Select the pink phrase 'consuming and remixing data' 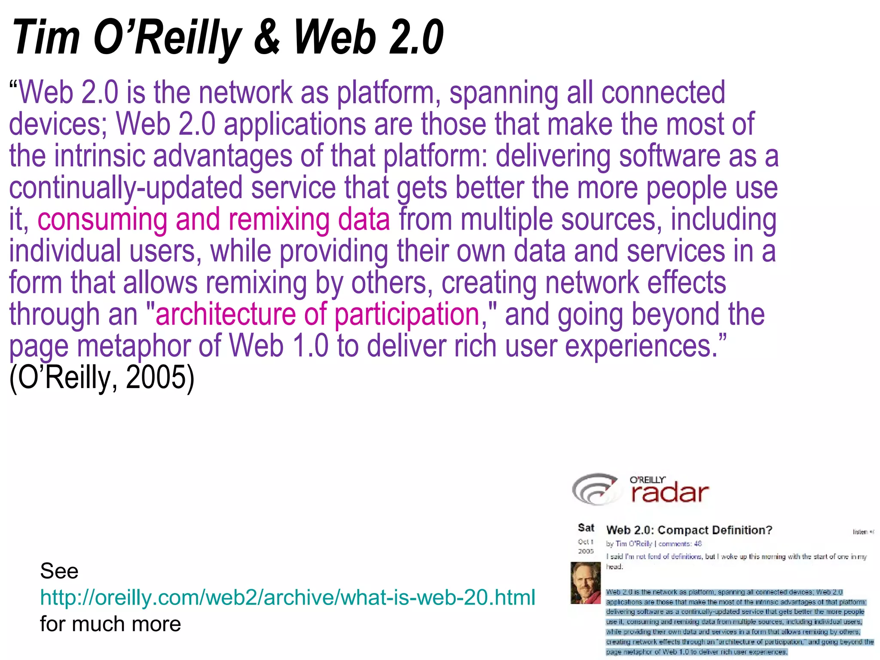tap(214, 220)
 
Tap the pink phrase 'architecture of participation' tap(317, 315)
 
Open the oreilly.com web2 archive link tap(287, 597)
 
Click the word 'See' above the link tap(59, 571)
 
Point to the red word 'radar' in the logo tap(670, 493)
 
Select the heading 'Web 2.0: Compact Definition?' tap(689, 530)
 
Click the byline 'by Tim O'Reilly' tap(629, 544)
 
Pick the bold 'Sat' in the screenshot tap(586, 528)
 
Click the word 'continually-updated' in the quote tap(125, 188)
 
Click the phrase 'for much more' tap(110, 624)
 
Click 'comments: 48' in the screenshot tap(680, 544)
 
